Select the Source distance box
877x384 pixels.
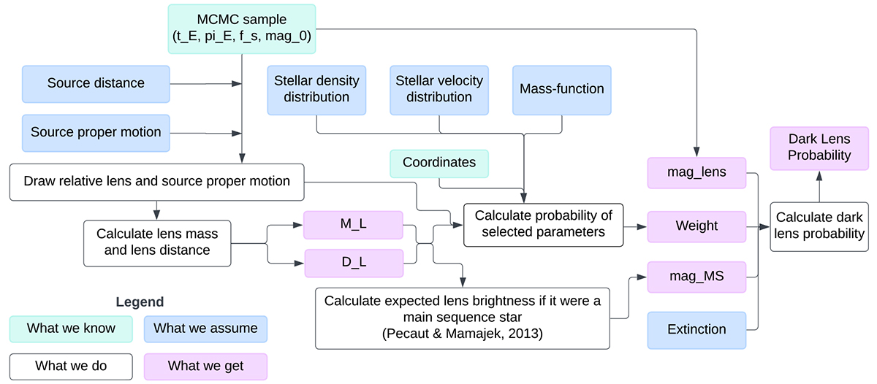[x=96, y=83]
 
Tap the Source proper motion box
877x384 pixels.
[x=96, y=133]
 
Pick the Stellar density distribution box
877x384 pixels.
[x=317, y=90]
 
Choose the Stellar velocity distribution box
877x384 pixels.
[x=439, y=90]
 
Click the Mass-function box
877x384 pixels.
[x=561, y=90]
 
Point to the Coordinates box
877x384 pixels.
[x=438, y=163]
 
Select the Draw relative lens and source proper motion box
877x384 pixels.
[x=157, y=182]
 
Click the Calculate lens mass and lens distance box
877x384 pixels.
[x=156, y=241]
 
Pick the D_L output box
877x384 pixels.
[x=354, y=264]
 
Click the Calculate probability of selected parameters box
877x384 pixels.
[x=543, y=226]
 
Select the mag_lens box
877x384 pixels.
[x=696, y=174]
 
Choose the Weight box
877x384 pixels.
[x=696, y=226]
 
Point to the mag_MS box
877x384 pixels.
[x=696, y=277]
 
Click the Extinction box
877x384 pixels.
[x=696, y=329]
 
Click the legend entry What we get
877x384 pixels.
[x=205, y=366]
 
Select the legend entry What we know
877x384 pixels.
[x=71, y=329]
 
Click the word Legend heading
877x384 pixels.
[x=140, y=302]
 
